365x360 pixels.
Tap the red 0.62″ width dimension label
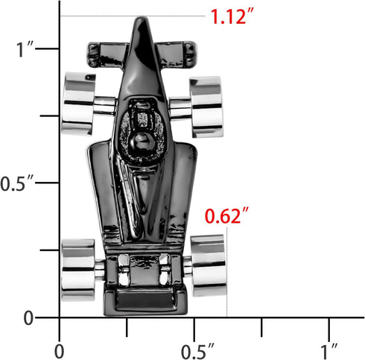226,216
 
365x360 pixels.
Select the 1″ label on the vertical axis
25,49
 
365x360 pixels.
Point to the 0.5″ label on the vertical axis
17,183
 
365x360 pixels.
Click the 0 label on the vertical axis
28,318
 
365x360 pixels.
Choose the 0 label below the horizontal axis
59,351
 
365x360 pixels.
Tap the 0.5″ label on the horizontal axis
197,351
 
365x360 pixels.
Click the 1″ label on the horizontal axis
329,351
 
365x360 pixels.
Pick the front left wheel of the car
78,104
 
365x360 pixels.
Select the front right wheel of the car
206,107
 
